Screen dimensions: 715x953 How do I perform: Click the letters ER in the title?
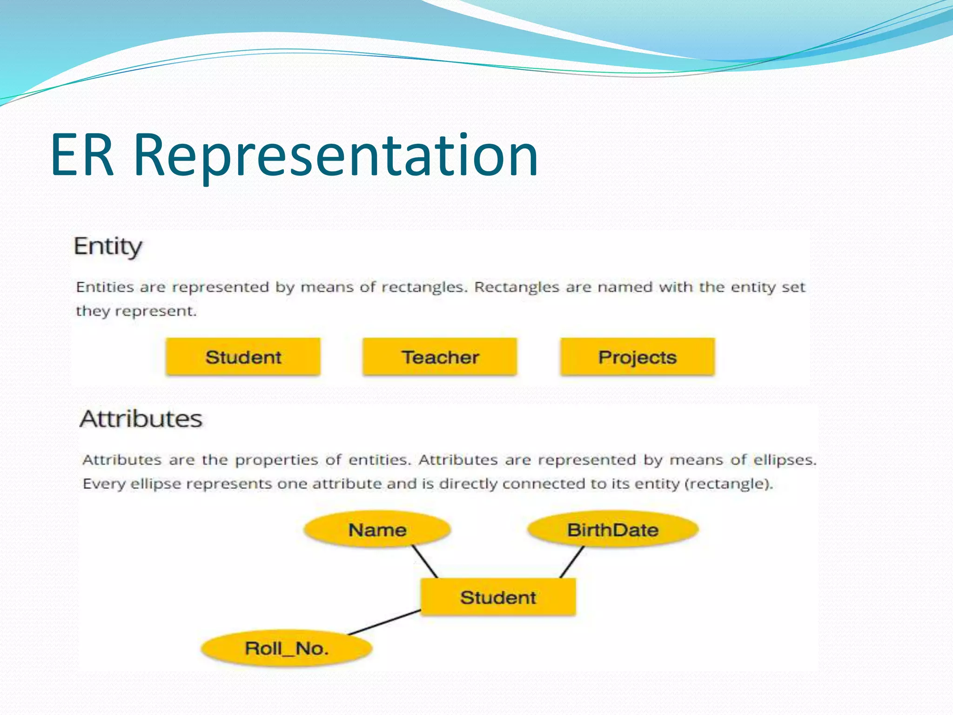tap(82, 156)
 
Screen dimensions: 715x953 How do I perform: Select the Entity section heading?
tap(108, 246)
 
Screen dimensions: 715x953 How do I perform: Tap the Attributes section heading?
tap(141, 418)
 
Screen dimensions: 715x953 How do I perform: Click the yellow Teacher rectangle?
tap(440, 357)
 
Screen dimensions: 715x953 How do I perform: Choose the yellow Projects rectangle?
tap(637, 357)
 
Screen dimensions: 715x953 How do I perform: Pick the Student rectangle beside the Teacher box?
tap(243, 357)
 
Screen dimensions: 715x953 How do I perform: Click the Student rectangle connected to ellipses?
tap(498, 597)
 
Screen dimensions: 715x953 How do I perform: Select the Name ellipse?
tap(377, 530)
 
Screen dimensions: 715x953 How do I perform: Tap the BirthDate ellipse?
tap(612, 530)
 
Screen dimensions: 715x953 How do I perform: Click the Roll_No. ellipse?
tap(287, 648)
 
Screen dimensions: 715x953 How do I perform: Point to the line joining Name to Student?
tap(425, 562)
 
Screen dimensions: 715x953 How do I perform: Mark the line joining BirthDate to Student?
tap(571, 562)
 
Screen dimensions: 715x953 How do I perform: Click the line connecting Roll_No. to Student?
tap(384, 622)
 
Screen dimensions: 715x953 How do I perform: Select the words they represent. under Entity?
tap(136, 311)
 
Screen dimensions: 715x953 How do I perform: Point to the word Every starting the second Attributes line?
tap(104, 484)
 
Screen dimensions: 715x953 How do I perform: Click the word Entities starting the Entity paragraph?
tap(105, 287)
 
